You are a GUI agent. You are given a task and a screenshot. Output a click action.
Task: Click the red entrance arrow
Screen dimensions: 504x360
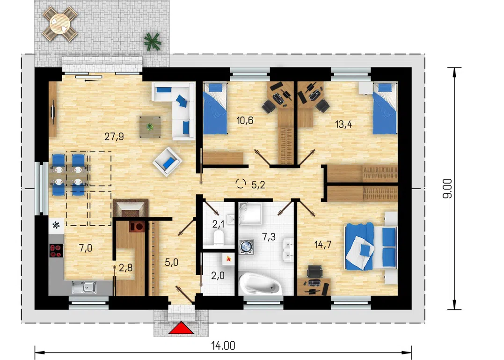tap(181, 328)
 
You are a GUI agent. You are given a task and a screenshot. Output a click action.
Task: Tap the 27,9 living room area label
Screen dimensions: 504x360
tap(114, 137)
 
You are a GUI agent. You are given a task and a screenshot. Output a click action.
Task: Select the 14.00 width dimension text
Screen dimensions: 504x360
tap(223, 345)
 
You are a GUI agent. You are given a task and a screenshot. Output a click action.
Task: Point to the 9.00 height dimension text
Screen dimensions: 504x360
tap(447, 188)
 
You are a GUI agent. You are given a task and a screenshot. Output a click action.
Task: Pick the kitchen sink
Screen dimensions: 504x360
tap(84, 287)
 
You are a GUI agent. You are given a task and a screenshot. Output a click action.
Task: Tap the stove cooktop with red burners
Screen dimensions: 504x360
tap(56, 251)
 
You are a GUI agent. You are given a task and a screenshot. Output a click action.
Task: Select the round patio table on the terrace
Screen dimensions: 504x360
tap(60, 23)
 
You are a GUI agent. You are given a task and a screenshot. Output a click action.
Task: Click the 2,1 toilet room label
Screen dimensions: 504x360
tap(218, 224)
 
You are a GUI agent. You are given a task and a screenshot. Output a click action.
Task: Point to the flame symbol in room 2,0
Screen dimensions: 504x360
tap(228, 258)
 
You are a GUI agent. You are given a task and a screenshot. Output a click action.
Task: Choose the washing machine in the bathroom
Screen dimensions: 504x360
tap(246, 247)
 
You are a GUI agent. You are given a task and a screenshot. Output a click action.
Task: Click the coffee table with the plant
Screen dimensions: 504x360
tap(150, 127)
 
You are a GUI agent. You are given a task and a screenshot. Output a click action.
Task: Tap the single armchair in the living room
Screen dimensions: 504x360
tap(167, 162)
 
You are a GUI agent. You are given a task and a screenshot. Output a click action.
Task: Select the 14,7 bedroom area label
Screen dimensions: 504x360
tap(323, 245)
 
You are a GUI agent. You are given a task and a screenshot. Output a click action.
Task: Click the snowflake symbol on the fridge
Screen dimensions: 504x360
tap(56, 225)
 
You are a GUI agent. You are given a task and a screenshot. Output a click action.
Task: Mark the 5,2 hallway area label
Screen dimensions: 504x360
tap(258, 184)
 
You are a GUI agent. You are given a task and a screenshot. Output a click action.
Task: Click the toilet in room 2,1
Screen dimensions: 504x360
tap(219, 237)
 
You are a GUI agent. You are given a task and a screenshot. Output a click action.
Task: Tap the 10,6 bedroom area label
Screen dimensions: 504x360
tap(245, 120)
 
